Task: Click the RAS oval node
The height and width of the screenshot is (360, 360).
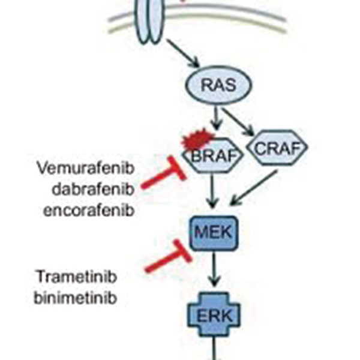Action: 219,85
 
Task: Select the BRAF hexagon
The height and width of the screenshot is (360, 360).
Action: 213,155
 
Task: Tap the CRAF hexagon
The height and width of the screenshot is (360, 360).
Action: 277,148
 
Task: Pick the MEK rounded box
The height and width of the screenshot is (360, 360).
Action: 214,233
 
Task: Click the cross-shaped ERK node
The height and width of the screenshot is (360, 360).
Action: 214,315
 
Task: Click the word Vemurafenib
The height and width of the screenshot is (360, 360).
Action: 86,168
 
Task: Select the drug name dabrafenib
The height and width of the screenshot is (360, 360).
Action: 93,189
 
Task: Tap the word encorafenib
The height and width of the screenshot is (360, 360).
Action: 89,210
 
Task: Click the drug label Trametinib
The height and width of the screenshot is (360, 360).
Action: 77,277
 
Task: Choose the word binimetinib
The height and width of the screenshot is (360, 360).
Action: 76,298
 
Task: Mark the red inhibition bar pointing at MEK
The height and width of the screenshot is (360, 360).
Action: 169,256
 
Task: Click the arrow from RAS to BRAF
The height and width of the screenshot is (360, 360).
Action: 216,118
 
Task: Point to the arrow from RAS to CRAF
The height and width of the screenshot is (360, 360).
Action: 238,122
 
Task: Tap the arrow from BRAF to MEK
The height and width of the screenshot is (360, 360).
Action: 212,191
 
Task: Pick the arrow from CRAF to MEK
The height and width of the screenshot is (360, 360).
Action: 254,187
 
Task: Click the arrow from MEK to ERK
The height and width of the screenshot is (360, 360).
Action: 214,269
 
